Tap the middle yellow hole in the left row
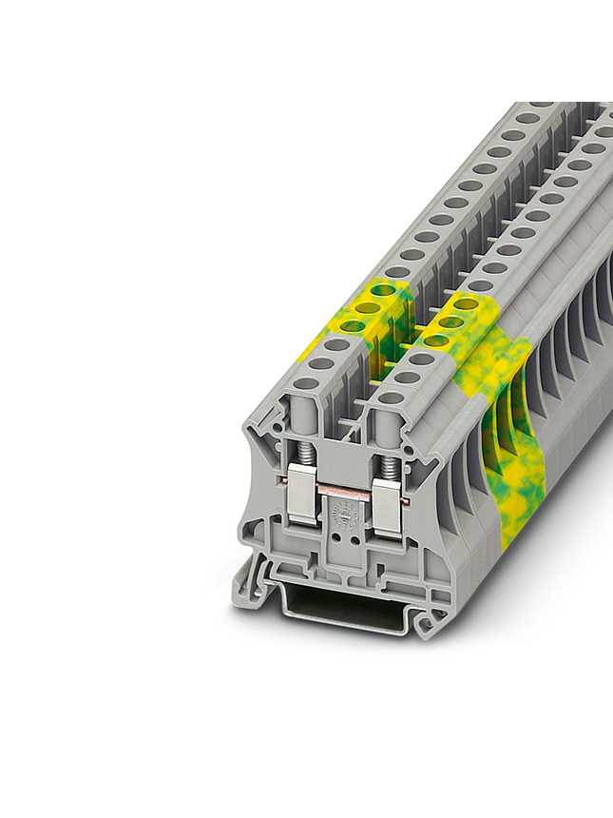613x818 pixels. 368,306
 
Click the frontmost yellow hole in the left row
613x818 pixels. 354,325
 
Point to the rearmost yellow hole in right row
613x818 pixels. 466,304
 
